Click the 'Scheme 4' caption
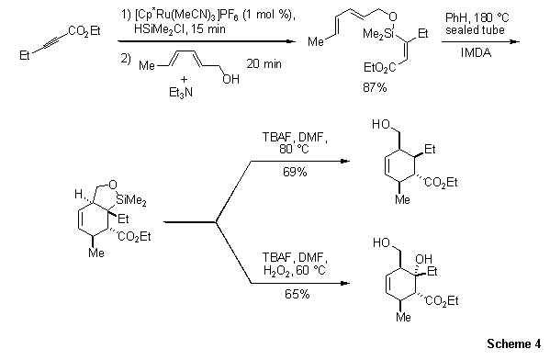pyautogui.click(x=515, y=344)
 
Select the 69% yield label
pyautogui.click(x=296, y=172)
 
